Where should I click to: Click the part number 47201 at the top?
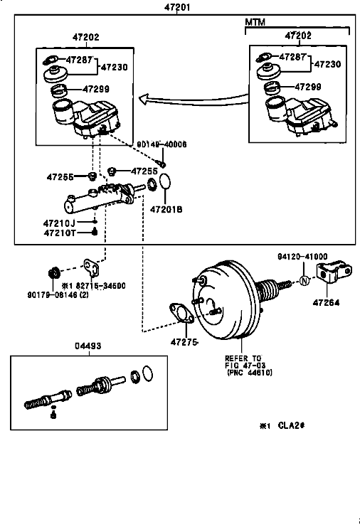tap(177, 6)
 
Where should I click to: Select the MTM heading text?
tap(255, 22)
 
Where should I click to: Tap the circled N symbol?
tap(304, 280)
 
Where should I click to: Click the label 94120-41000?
tap(302, 257)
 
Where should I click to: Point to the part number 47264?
tap(326, 302)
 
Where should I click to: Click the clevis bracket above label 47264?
tap(334, 271)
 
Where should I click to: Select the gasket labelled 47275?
tap(181, 313)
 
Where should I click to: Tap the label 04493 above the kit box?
tap(88, 346)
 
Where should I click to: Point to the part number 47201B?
tap(166, 209)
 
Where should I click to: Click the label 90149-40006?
tap(162, 144)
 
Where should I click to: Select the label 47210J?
tap(59, 223)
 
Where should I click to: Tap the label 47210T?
tap(60, 233)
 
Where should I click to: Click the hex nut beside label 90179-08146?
tap(53, 272)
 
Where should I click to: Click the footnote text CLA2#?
tap(291, 425)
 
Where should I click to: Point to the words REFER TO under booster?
tap(243, 358)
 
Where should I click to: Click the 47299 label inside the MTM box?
tap(308, 87)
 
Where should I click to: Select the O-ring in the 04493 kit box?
tap(148, 373)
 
